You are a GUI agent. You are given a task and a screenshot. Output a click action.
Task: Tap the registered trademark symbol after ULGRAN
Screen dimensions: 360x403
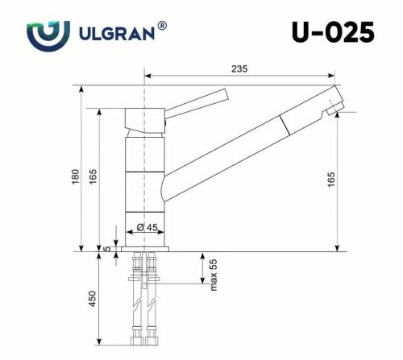click(163, 27)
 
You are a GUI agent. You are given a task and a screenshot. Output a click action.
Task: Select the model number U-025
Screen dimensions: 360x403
click(332, 33)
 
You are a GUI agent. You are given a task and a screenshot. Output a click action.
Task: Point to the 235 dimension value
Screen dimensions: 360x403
click(239, 69)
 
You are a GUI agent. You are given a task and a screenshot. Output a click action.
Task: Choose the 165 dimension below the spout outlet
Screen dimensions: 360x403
click(331, 182)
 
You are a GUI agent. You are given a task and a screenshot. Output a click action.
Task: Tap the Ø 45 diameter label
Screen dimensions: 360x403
click(146, 228)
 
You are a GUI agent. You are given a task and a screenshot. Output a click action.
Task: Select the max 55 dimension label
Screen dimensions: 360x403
click(214, 275)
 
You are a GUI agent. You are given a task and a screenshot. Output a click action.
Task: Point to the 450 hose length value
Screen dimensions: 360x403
click(93, 299)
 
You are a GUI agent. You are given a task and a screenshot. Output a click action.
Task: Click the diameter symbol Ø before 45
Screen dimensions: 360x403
click(140, 228)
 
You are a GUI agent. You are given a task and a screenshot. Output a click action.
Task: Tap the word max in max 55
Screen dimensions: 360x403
click(214, 285)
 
